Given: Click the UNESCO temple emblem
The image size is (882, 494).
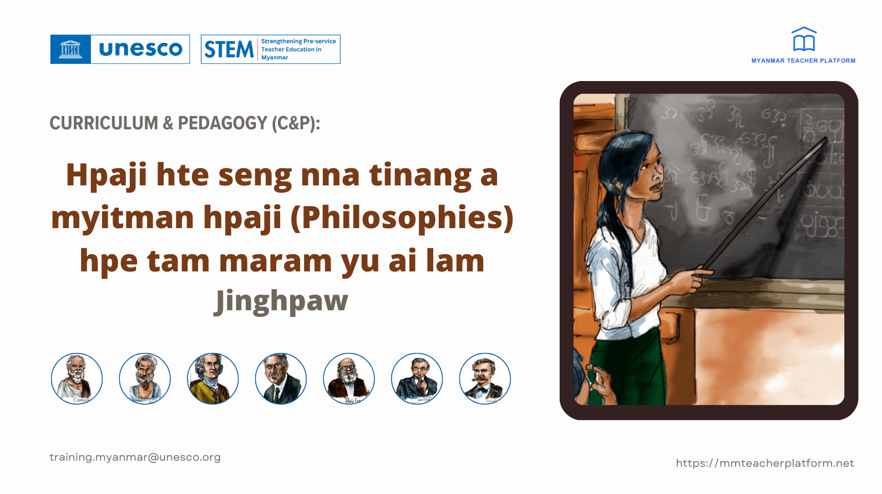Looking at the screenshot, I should [70, 49].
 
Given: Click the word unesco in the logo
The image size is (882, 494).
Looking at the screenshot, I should [140, 49].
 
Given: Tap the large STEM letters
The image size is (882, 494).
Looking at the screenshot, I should [229, 49].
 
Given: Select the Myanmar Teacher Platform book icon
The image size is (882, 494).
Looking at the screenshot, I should [804, 39].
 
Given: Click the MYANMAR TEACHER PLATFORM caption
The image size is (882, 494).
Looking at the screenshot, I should [803, 61].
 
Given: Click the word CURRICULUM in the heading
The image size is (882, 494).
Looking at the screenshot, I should [104, 123].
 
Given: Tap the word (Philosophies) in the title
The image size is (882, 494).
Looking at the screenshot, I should [402, 218].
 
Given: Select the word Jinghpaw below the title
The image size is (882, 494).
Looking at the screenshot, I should [281, 301].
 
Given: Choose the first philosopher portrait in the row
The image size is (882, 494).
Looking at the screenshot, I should [77, 379].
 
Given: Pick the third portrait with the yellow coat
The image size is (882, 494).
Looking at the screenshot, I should [213, 379].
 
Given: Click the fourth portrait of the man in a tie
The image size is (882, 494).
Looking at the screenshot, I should [281, 379].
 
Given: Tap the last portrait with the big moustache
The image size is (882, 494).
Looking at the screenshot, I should [485, 379].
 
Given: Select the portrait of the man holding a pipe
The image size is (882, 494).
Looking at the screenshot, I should [417, 379].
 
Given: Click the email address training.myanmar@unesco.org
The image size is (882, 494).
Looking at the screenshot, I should [135, 457].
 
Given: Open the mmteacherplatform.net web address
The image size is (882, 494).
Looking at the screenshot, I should [764, 463].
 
